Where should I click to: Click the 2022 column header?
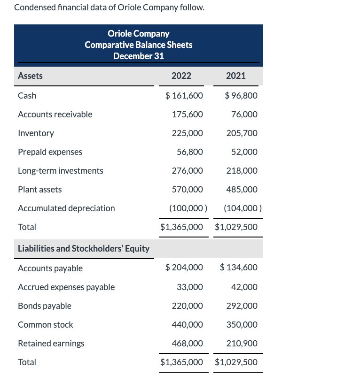tap(181, 76)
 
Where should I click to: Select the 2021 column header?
tap(235, 76)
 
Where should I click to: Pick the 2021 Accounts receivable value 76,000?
tap(244, 115)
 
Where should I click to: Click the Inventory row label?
tap(36, 133)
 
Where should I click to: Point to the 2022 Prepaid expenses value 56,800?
tap(190, 152)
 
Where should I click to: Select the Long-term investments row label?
tap(61, 171)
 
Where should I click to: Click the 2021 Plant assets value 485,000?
tap(242, 190)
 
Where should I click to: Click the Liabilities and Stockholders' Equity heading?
tap(84, 249)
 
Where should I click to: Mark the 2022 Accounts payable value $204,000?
tap(184, 268)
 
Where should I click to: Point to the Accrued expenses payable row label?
tap(66, 287)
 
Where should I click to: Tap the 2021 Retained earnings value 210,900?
tap(242, 344)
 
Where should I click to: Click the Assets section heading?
tap(30, 76)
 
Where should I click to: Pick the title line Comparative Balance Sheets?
tap(138, 45)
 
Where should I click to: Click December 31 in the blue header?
tap(138, 56)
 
